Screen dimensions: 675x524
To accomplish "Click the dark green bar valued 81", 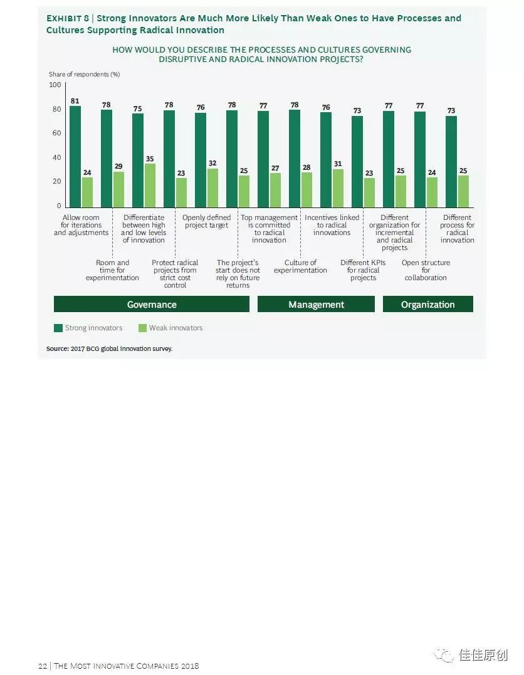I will [x=75, y=157].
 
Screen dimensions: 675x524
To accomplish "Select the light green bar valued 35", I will [x=150, y=186].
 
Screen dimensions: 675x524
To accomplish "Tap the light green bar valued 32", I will [x=212, y=187].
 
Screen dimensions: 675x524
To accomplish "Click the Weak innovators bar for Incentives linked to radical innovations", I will [x=338, y=188].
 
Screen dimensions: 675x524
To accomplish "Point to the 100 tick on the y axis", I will [x=55, y=85].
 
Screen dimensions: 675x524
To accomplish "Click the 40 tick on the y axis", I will [x=56, y=157].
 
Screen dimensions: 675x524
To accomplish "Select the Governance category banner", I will [x=152, y=305].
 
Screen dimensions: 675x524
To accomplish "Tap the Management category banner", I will [x=316, y=305].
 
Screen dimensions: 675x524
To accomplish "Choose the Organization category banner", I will [x=427, y=305].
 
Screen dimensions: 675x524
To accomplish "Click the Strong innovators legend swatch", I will [x=58, y=328].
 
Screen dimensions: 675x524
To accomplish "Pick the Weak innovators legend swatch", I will [x=142, y=328].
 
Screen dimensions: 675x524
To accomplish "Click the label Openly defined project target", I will [x=206, y=221].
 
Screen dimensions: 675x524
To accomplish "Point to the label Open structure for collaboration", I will [x=426, y=270].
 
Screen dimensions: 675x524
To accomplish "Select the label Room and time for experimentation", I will [x=112, y=270].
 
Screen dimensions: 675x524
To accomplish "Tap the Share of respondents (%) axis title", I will [x=84, y=75].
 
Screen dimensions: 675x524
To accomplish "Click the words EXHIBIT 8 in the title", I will [x=68, y=18].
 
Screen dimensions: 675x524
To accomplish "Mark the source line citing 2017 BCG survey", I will [x=109, y=348].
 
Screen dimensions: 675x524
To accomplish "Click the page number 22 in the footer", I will [x=42, y=666].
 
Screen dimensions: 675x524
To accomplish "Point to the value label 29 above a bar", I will [x=118, y=167].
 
